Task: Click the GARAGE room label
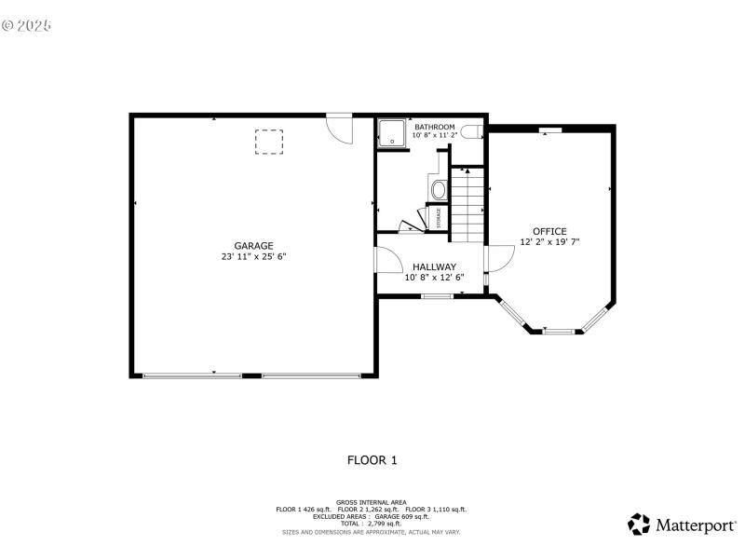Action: pos(253,246)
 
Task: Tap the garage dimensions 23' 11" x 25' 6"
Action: pos(253,256)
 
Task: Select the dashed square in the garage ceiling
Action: pos(268,142)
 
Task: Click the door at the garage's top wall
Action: pos(339,128)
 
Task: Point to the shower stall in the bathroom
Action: pos(393,133)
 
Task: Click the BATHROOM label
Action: pos(435,127)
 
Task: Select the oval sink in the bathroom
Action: pos(439,189)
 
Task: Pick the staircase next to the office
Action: pos(468,205)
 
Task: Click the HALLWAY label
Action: pos(434,266)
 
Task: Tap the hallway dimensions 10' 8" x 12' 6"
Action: pos(434,277)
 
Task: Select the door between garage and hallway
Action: pos(383,260)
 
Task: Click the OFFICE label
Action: pos(549,231)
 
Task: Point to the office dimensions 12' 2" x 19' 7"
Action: pos(549,241)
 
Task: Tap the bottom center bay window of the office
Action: pos(559,330)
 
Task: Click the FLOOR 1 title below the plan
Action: pos(372,459)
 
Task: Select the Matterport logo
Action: pos(682,525)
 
